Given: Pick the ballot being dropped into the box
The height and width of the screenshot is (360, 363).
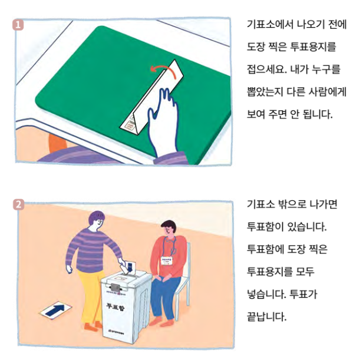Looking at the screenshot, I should pyautogui.click(x=130, y=266).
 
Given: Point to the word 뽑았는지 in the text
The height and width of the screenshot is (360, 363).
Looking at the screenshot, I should pyautogui.click(x=265, y=91).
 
